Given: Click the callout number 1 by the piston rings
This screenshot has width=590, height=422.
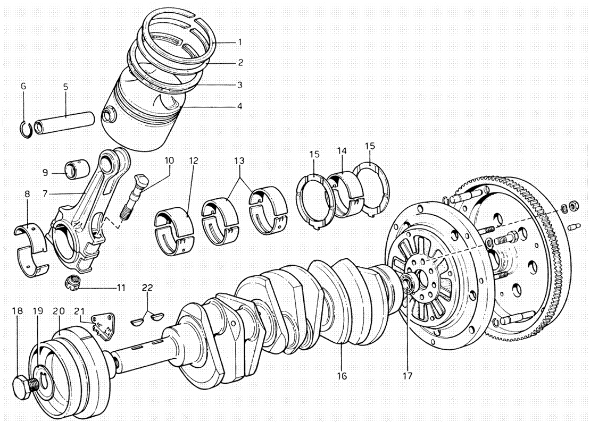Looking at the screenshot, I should tap(240, 41).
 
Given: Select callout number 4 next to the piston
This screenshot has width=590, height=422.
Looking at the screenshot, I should tap(240, 106).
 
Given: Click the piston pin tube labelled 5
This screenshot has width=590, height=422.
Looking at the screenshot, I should tap(64, 122).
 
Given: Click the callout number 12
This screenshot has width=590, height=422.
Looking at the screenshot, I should tap(193, 160).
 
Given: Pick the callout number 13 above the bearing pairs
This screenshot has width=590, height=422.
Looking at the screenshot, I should tap(239, 160).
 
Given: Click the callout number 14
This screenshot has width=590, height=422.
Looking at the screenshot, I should tap(340, 151).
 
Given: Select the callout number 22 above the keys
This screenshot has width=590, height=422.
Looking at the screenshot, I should tap(147, 288).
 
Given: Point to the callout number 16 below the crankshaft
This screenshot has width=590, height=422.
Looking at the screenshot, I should tap(342, 376).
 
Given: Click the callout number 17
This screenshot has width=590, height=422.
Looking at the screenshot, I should tap(407, 376).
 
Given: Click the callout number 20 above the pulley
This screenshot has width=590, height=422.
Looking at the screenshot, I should tap(59, 311).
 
